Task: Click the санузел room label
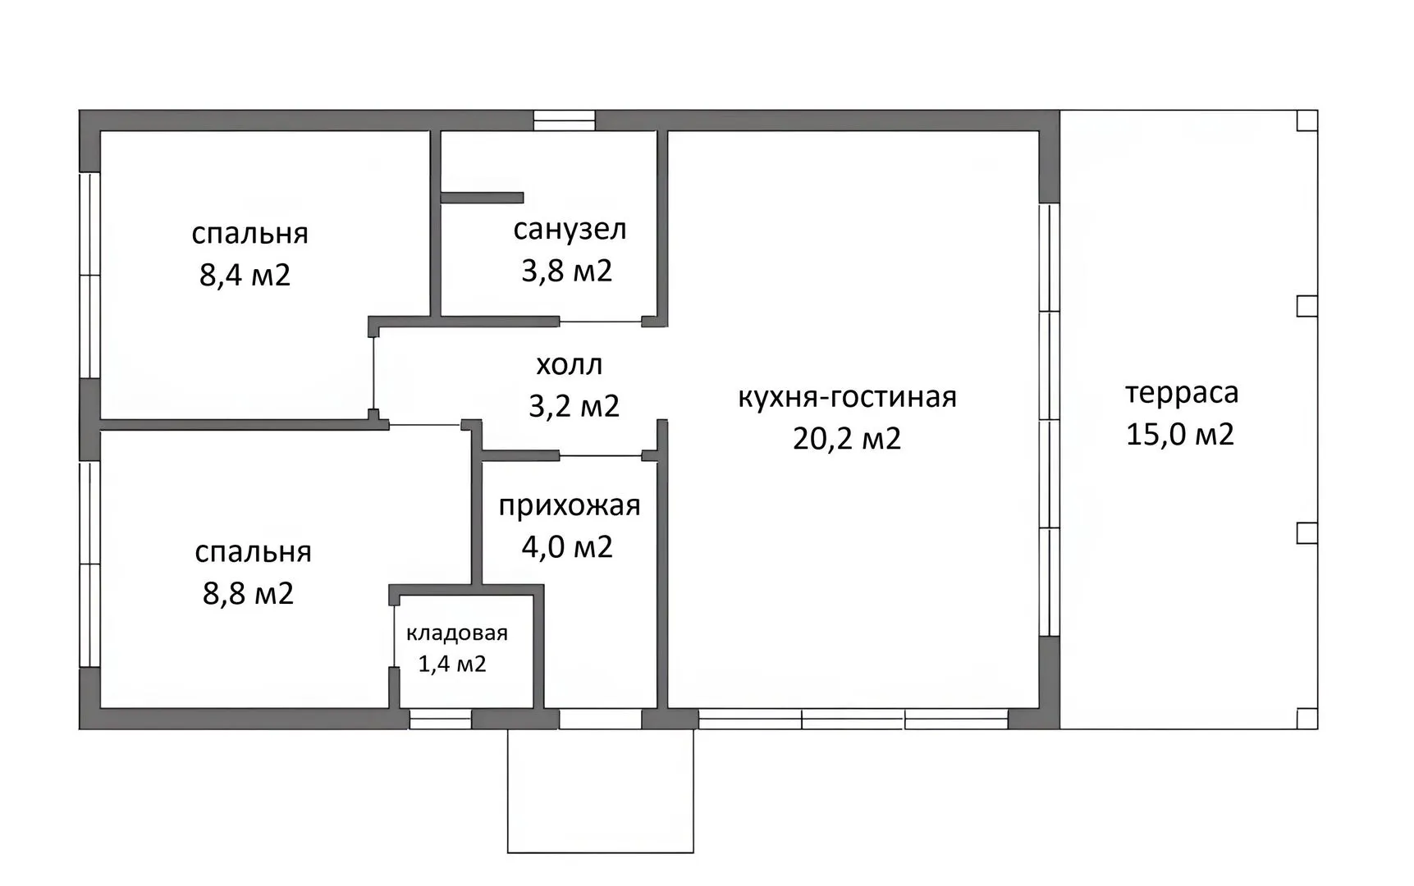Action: coord(570,230)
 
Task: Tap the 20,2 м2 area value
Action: coord(847,438)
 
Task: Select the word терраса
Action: coord(1181,393)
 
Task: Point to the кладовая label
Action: coord(457,633)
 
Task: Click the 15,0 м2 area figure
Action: coord(1180,434)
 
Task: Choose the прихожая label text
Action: coord(570,506)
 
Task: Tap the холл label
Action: coord(570,364)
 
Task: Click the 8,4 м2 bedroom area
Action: coord(245,274)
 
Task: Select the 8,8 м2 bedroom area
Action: coord(249,593)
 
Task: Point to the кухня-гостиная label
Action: coord(848,397)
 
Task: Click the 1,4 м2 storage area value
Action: coord(452,664)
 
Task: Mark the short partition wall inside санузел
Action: coord(483,198)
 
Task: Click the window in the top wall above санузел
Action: coord(565,121)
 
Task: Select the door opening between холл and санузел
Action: coord(601,322)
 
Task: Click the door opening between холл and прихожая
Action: coord(601,456)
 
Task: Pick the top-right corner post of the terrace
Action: coord(1307,121)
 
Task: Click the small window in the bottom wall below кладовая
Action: coord(441,719)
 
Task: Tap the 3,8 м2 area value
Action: coord(567,271)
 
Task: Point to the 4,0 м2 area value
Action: coord(568,547)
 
